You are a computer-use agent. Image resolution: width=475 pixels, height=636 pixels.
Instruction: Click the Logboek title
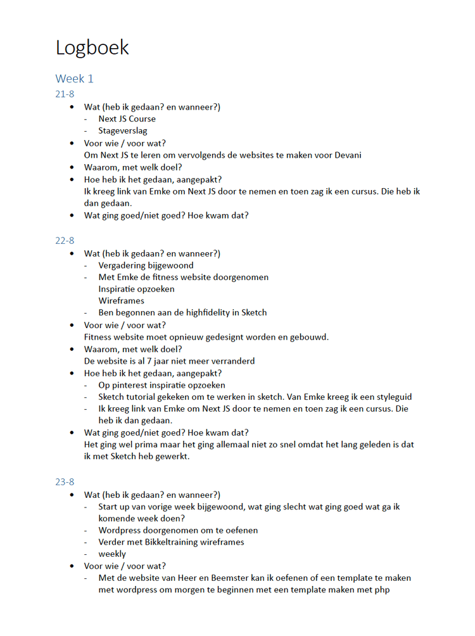tap(92, 48)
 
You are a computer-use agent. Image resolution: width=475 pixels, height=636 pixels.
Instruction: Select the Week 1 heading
tap(75, 79)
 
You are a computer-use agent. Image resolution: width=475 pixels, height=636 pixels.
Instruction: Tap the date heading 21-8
tap(65, 94)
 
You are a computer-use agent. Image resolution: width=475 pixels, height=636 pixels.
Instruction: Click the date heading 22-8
tap(65, 241)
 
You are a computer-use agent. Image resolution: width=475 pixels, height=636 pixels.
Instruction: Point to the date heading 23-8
tap(65, 482)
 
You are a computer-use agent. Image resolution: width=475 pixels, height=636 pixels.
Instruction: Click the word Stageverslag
tap(123, 131)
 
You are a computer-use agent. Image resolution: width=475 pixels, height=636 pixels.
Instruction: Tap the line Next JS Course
tap(127, 119)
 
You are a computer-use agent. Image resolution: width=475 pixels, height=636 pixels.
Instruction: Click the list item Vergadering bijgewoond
tap(146, 265)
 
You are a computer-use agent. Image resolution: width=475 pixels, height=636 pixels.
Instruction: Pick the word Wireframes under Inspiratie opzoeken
tap(121, 301)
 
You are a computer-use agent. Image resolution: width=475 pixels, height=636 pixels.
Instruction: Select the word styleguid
tap(390, 397)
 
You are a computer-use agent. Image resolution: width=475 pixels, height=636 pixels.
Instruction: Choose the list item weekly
tap(112, 554)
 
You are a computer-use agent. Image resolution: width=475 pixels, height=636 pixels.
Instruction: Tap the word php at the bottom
tap(381, 590)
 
